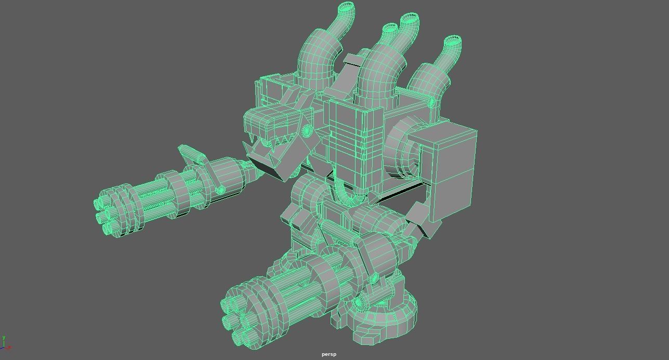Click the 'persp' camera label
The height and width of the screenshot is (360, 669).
pos(329,354)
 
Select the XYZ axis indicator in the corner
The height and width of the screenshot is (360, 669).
pos(6,344)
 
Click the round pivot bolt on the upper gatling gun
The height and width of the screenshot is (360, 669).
pos(220,190)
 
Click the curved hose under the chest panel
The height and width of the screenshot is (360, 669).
pos(346,195)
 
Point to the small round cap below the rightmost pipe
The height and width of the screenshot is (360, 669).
pos(430,103)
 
